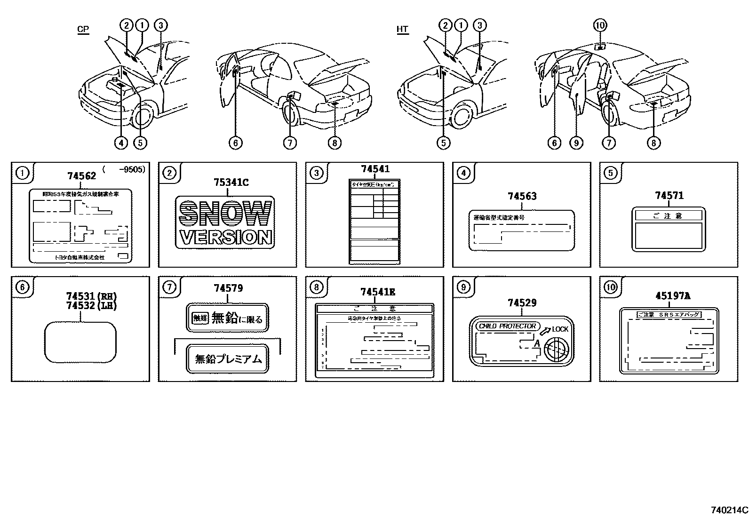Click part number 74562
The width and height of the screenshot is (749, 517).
(x=81, y=176)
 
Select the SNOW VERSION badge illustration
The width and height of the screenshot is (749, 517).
(x=225, y=223)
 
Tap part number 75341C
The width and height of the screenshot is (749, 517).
(x=228, y=183)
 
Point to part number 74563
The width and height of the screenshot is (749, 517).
(x=522, y=197)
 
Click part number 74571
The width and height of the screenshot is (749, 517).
(x=669, y=196)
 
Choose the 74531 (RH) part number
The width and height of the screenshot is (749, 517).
(x=91, y=296)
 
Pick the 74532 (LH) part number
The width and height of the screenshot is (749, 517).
(x=91, y=306)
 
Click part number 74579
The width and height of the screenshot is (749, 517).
(x=228, y=288)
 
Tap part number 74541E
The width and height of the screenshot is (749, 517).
(x=377, y=292)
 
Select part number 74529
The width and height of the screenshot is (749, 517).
(x=522, y=303)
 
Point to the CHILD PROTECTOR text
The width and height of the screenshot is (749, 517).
(x=507, y=326)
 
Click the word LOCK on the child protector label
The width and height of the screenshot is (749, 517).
(x=560, y=329)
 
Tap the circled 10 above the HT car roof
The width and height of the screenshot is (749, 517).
(x=600, y=25)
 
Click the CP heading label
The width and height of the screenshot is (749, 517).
(x=83, y=29)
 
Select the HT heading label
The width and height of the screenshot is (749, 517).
(x=402, y=29)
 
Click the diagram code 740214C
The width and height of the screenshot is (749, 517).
(x=729, y=510)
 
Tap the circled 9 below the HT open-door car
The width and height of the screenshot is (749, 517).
(x=576, y=143)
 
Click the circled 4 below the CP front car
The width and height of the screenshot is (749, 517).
(x=121, y=143)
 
